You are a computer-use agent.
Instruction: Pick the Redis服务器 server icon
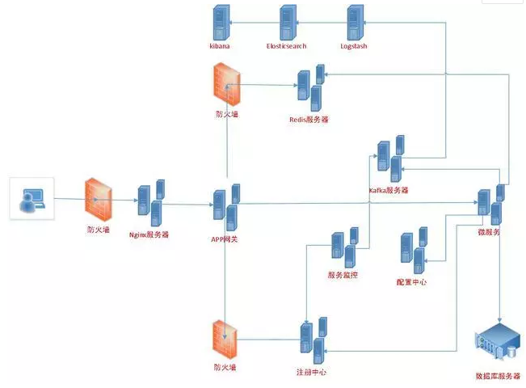point(310,90)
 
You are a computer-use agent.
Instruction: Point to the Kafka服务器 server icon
point(390,158)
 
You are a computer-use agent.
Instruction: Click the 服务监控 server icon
point(343,247)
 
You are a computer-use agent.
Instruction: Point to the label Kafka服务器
point(389,191)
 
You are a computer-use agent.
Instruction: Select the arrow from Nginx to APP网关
point(187,204)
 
